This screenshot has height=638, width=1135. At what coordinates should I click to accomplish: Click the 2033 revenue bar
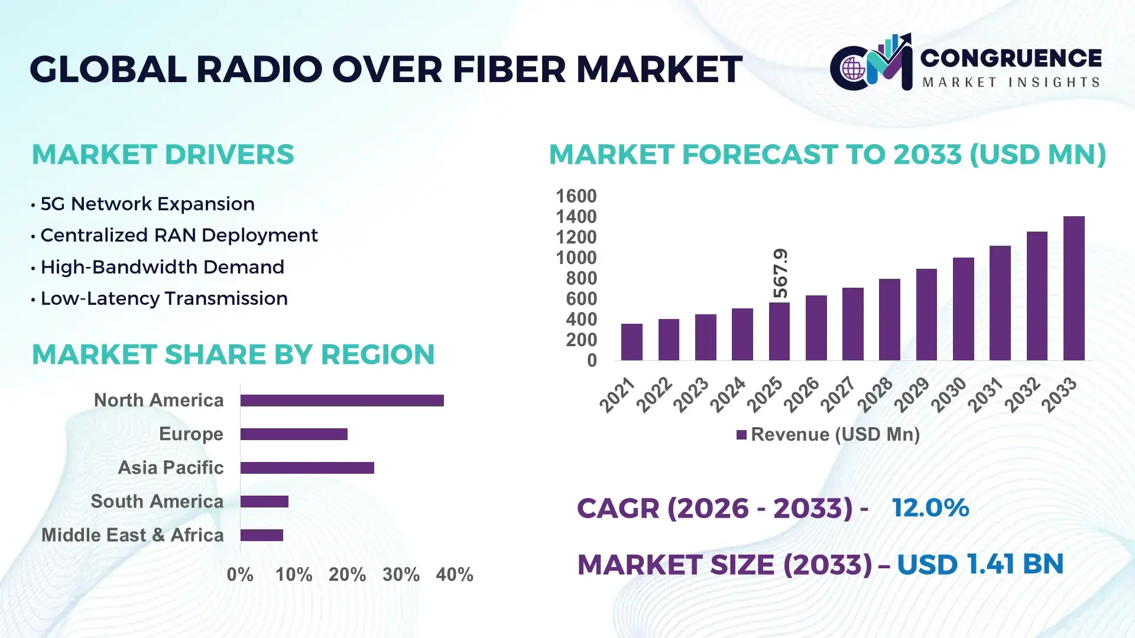click(x=1074, y=288)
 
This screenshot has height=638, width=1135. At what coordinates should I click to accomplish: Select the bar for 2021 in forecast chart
click(x=631, y=342)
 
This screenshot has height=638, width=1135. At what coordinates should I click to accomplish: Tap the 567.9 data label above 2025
click(x=780, y=273)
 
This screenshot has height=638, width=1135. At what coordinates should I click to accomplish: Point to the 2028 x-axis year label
click(x=875, y=395)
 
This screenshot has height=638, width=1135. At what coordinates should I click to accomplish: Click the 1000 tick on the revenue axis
click(x=576, y=258)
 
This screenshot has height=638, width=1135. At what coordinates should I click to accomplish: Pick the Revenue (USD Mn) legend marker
click(x=741, y=435)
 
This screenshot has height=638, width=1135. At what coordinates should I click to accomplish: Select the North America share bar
click(x=342, y=401)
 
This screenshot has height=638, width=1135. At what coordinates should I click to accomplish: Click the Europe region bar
click(x=294, y=434)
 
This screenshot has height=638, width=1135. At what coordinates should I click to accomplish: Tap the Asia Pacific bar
click(x=307, y=468)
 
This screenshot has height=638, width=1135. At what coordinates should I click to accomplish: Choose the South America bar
click(x=264, y=502)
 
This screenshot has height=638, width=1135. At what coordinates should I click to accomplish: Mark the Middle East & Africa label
click(x=132, y=535)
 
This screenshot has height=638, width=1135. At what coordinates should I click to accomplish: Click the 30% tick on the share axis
click(x=401, y=575)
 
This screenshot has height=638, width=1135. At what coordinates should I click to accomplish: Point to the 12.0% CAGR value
click(x=930, y=508)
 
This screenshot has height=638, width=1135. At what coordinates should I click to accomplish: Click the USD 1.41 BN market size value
click(x=980, y=564)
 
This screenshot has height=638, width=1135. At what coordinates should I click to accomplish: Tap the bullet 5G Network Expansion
click(x=147, y=204)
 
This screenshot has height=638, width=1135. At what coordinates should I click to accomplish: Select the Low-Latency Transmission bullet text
click(x=164, y=299)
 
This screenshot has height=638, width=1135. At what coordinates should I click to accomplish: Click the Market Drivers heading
click(x=163, y=155)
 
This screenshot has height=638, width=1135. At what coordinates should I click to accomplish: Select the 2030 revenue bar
click(x=963, y=309)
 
